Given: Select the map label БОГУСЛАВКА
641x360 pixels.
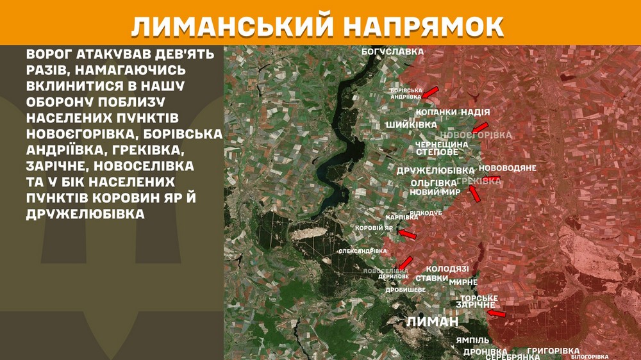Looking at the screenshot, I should click(393, 51).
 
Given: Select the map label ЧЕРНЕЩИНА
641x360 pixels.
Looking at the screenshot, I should click(442, 145).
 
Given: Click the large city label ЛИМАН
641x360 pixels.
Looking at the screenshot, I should click(434, 322).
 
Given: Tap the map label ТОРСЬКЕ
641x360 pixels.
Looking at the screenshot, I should click(479, 299).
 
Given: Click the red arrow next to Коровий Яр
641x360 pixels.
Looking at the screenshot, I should click(407, 234).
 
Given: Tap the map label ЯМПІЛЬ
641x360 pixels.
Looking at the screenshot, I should click(473, 340).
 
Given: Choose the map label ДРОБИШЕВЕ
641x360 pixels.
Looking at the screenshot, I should click(405, 290).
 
